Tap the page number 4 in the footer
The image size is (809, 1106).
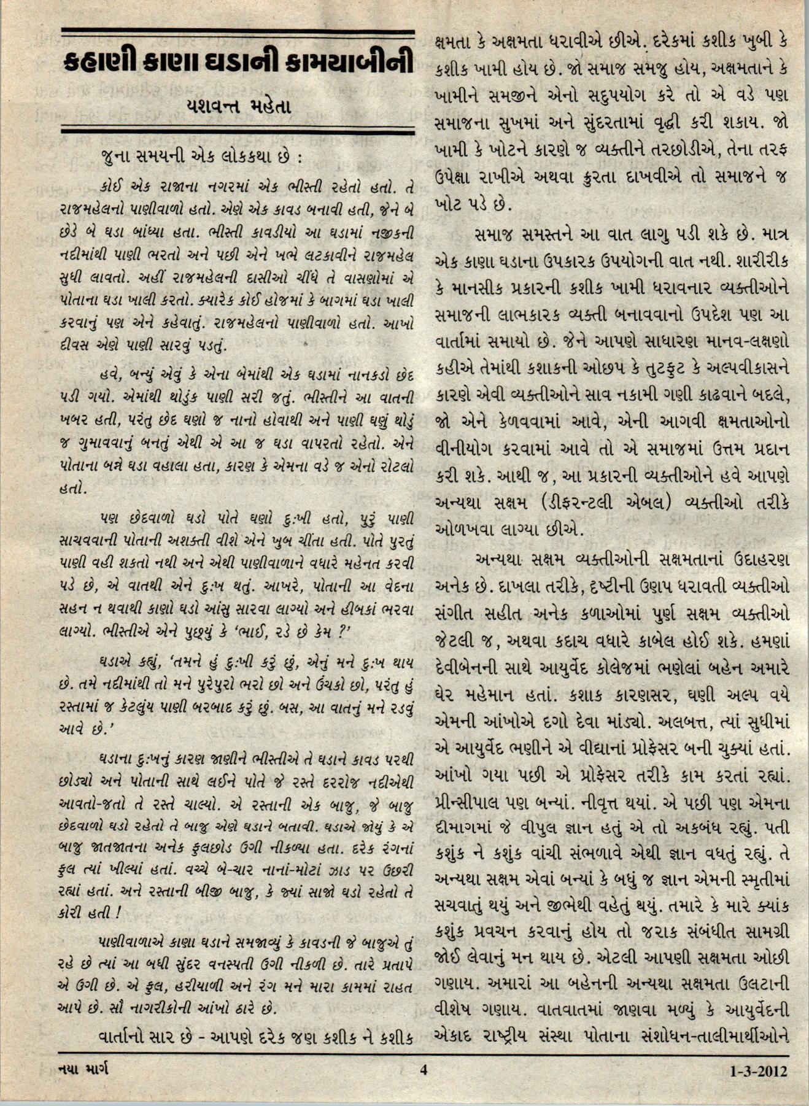[x=422, y=1070]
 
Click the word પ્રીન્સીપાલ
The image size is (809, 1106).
[x=474, y=803]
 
